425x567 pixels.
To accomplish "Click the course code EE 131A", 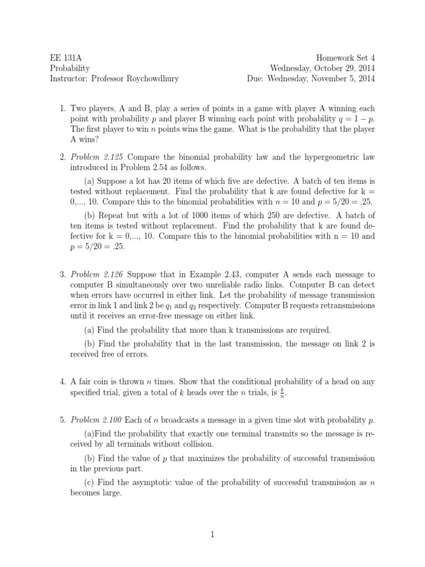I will pyautogui.click(x=63, y=57).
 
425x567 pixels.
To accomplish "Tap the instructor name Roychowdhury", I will pyautogui.click(x=150, y=78).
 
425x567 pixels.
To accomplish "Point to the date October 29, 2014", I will pyautogui.click(x=341, y=68).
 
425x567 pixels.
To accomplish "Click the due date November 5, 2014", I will pyautogui.click(x=342, y=78).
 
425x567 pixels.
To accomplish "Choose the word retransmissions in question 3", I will pyautogui.click(x=341, y=306).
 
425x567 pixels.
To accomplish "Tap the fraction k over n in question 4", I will pyautogui.click(x=283, y=393).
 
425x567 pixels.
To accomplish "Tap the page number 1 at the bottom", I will pyautogui.click(x=212, y=534).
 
